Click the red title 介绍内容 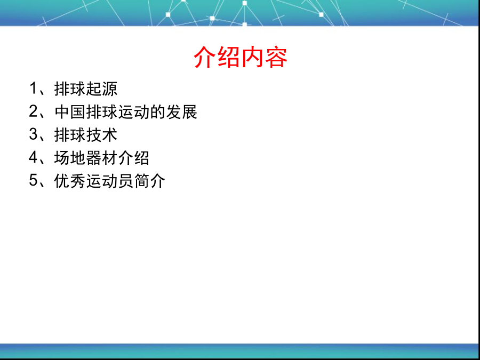click(241, 57)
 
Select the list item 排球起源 click(86, 89)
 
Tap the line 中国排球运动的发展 click(126, 112)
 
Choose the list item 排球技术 click(86, 135)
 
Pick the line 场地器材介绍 click(102, 158)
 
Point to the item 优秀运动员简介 click(110, 181)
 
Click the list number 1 click(33, 89)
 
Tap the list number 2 click(33, 111)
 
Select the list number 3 click(33, 134)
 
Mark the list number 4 click(33, 157)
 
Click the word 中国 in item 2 click(70, 112)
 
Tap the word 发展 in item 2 click(182, 112)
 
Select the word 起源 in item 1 click(102, 89)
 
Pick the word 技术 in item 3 click(102, 135)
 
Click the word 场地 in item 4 click(70, 158)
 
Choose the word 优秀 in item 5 click(70, 181)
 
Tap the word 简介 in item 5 click(150, 181)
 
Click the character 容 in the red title click(276, 57)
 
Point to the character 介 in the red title click(205, 57)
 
